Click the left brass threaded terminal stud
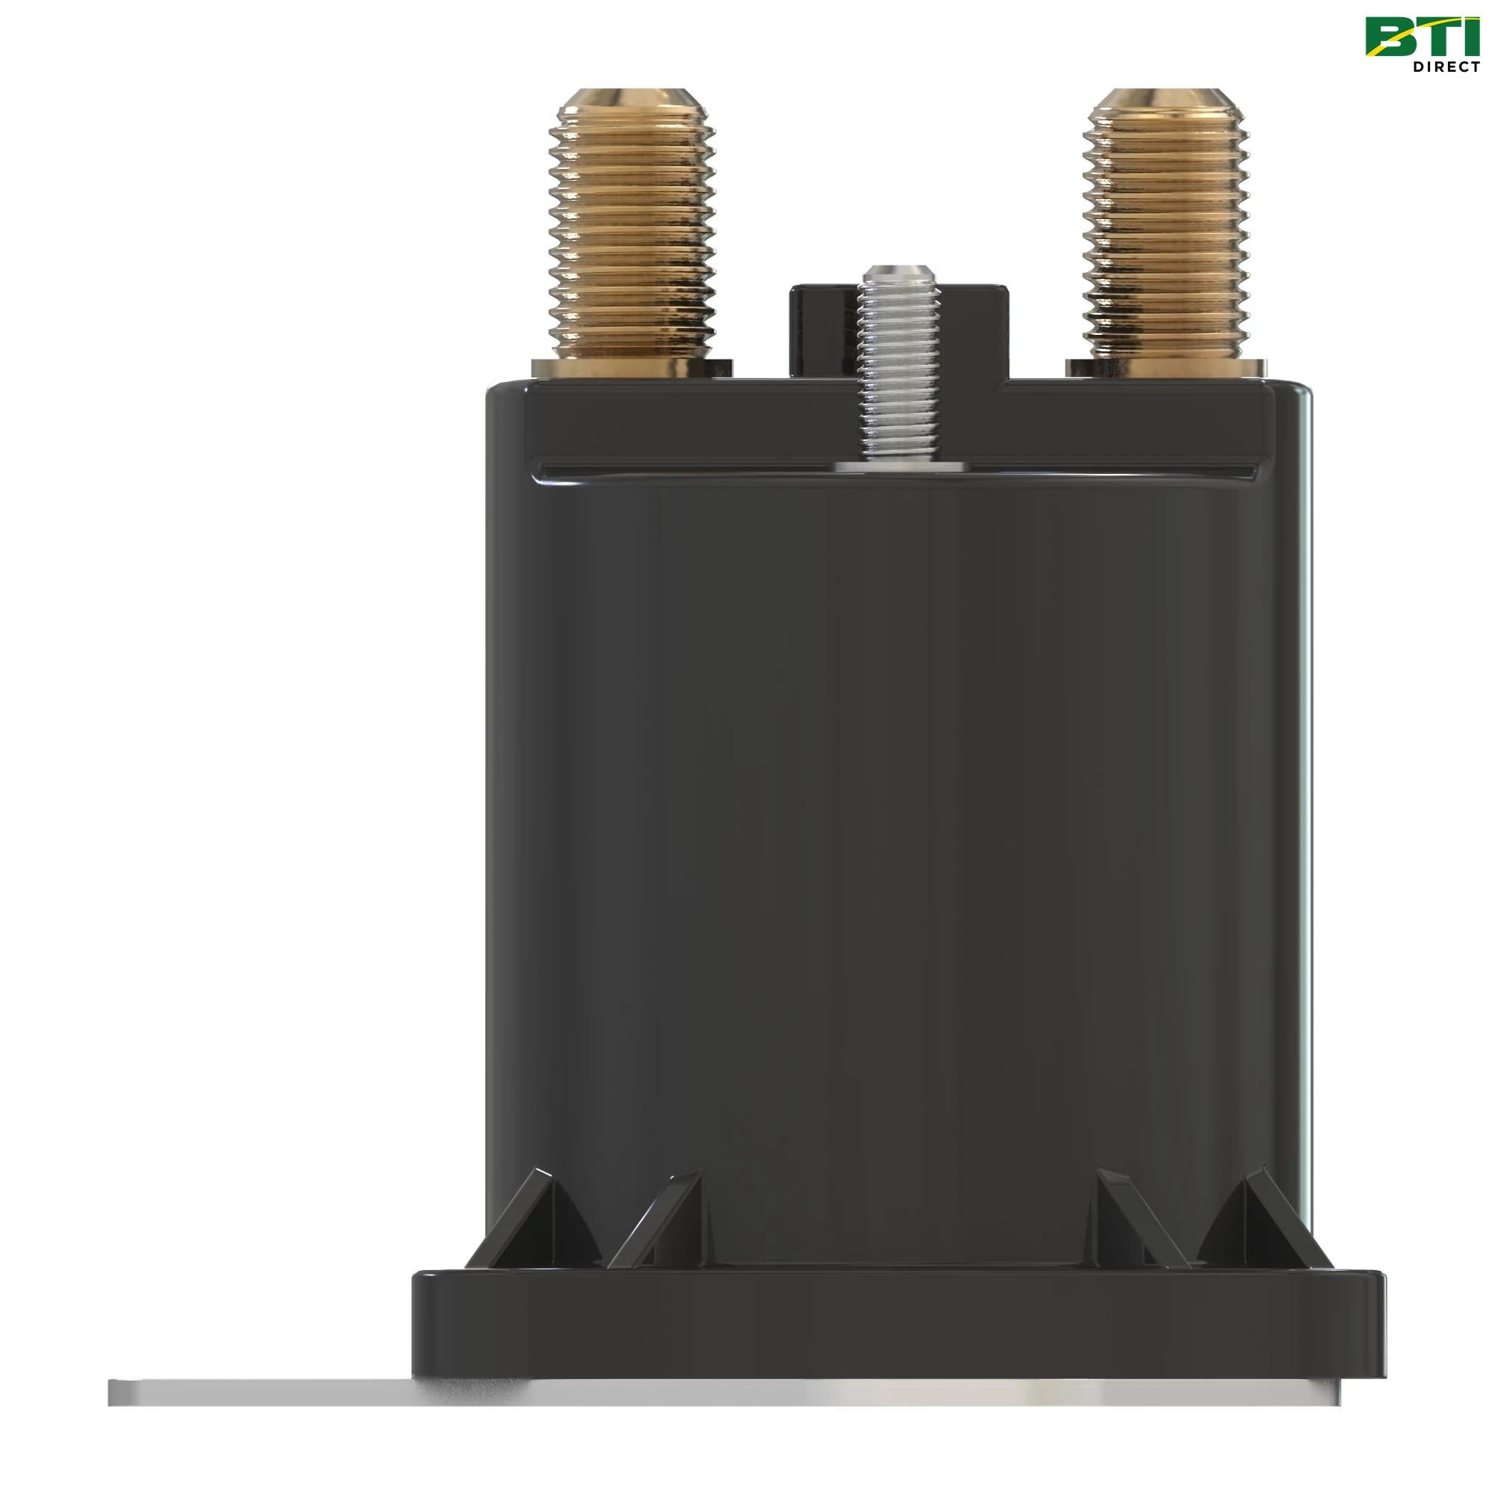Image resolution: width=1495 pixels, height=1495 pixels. (632, 232)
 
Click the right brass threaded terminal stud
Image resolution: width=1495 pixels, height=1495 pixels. (1166, 232)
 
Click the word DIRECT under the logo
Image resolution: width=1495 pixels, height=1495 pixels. (1446, 67)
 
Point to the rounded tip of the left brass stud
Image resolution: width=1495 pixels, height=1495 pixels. (632, 101)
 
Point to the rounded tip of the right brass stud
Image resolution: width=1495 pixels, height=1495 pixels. (1166, 101)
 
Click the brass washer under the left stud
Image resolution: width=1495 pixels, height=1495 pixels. (632, 369)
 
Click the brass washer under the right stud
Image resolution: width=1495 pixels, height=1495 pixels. (1166, 369)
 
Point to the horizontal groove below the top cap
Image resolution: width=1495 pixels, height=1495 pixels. (697, 469)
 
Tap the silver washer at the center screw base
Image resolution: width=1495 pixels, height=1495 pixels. (900, 466)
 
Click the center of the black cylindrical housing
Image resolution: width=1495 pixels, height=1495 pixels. (898, 813)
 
